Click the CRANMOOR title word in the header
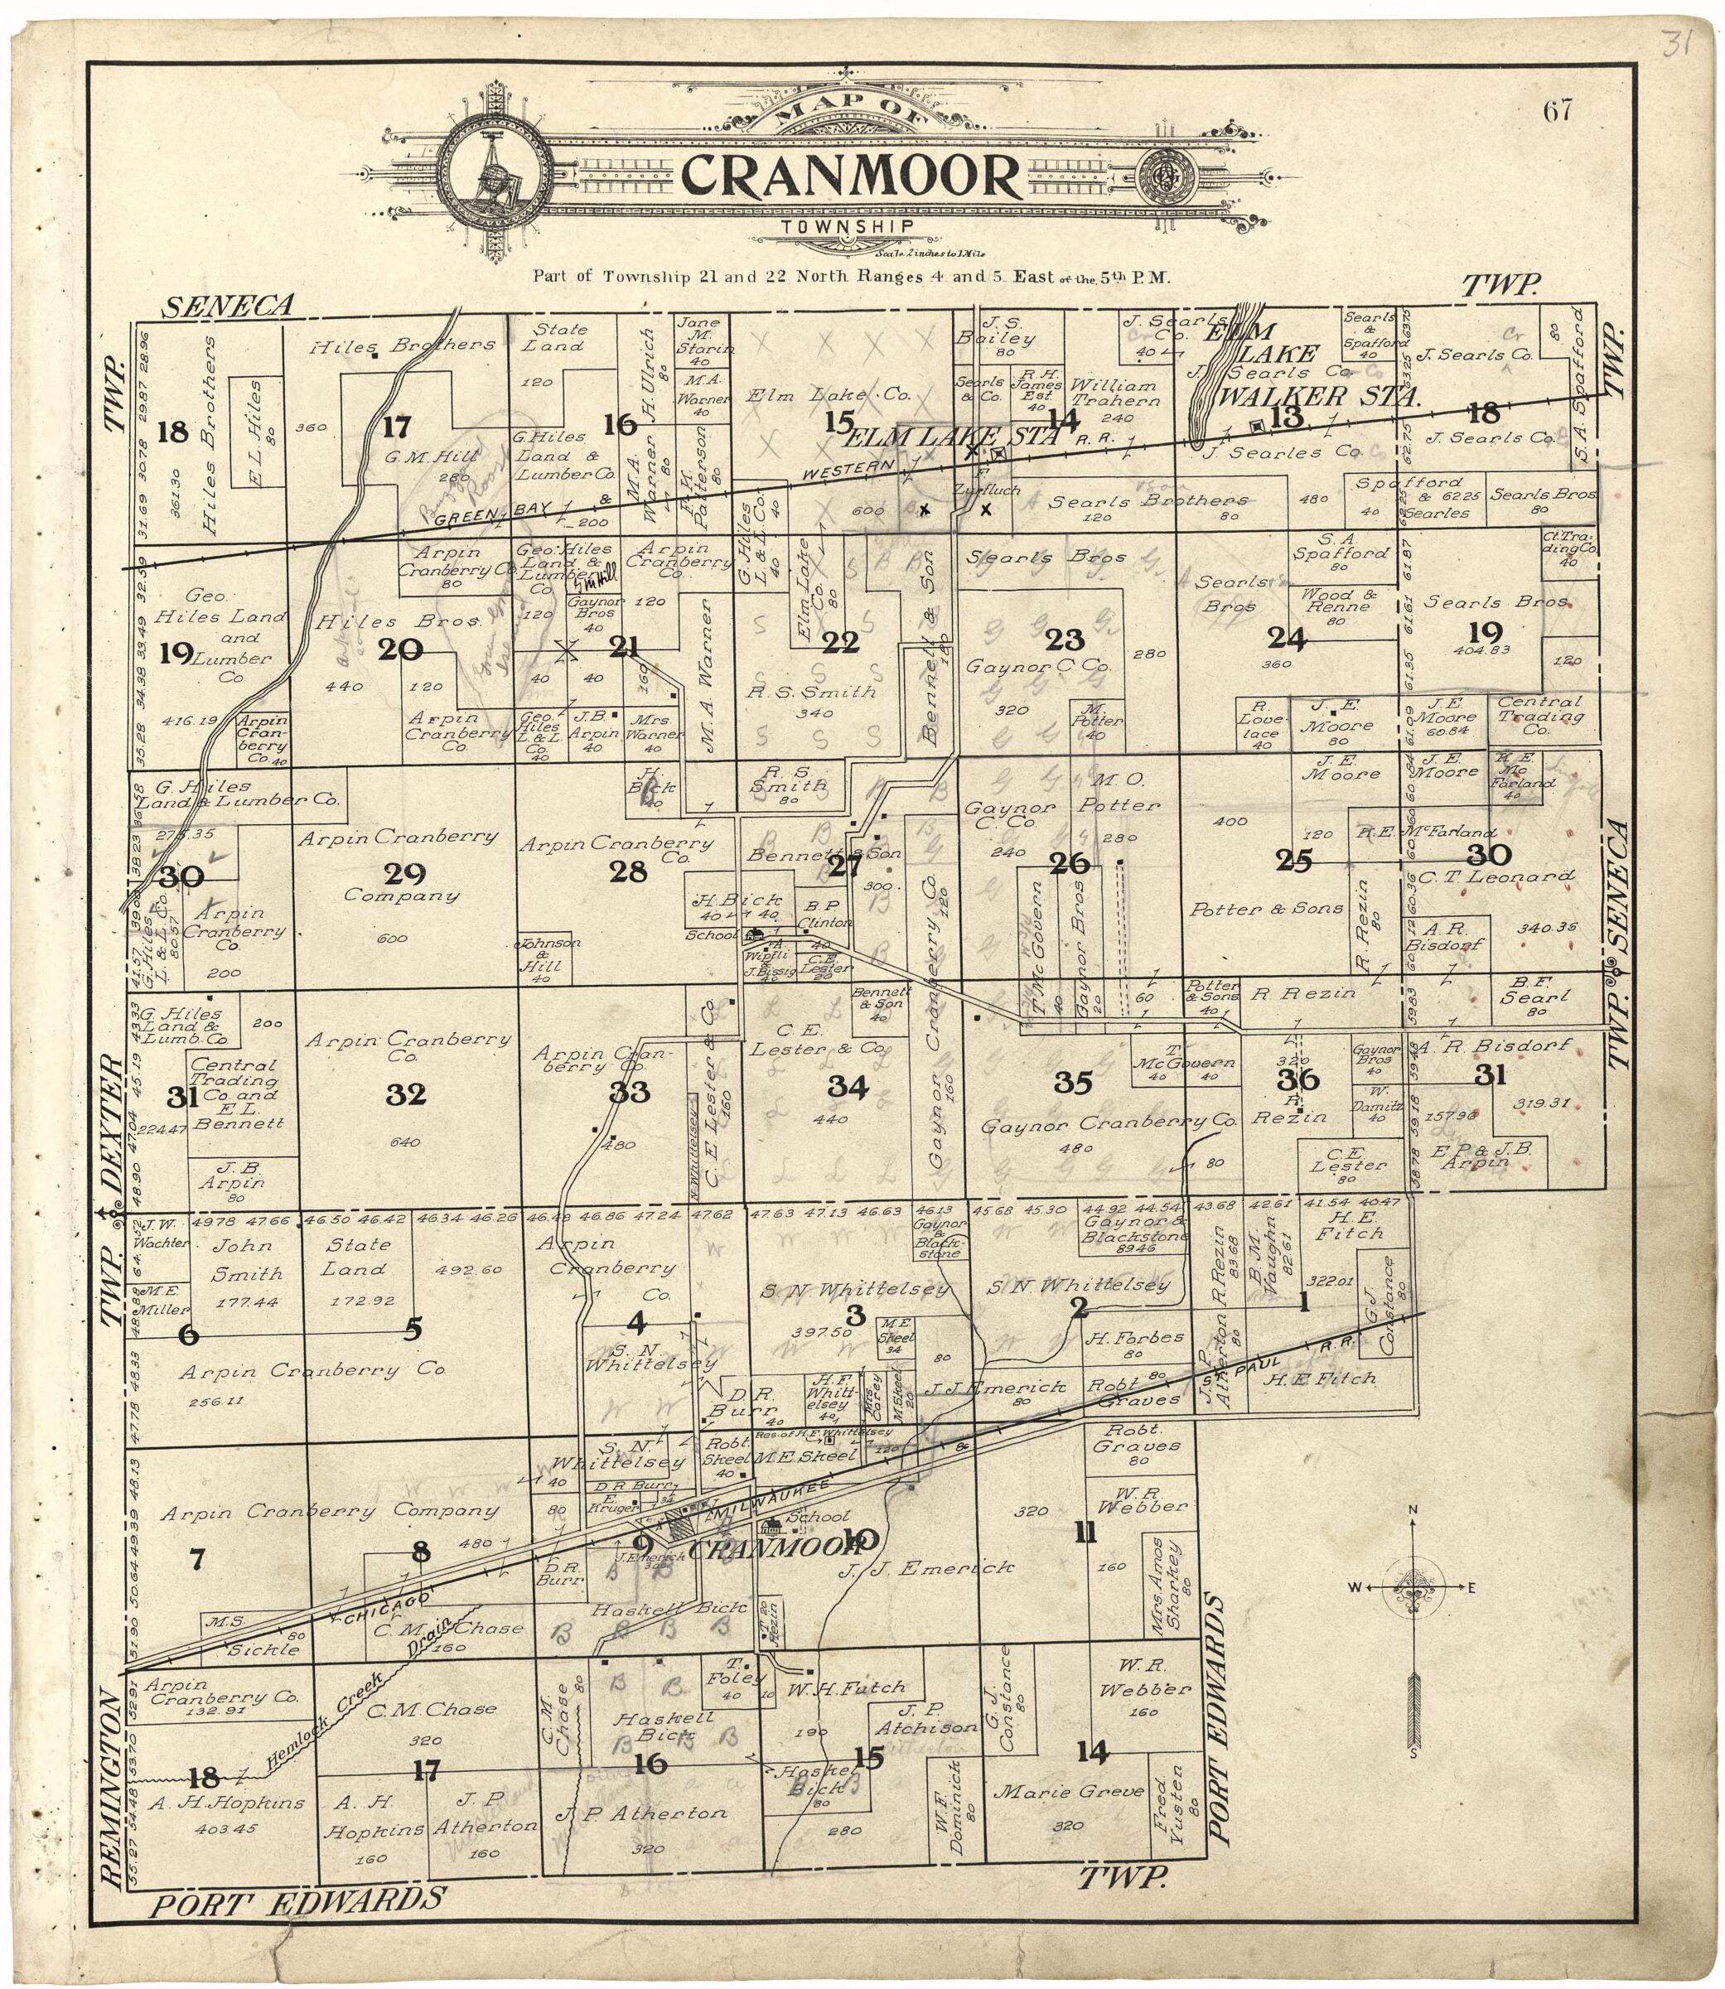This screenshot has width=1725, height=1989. [x=851, y=176]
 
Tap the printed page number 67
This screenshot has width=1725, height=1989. [x=1557, y=112]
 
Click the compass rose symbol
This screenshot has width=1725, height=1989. [x=1411, y=1589]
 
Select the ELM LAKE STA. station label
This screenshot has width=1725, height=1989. [x=951, y=437]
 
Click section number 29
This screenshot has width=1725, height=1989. [x=404, y=873]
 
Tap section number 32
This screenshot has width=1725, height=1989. [x=405, y=1094]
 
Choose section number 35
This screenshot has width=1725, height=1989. [x=1072, y=1083]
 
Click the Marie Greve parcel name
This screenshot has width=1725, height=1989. [x=1069, y=1791]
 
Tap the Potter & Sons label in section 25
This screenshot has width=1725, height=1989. [x=1265, y=909]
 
